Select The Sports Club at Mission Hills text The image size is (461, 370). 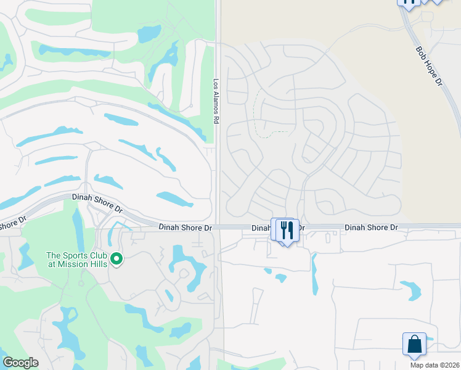coord(77,260)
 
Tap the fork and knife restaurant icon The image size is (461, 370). coord(287,230)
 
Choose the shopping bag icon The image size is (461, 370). coord(414,345)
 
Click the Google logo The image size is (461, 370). coord(20,363)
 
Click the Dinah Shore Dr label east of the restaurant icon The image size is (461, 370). coord(372,228)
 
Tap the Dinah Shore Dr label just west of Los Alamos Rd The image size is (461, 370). coord(185,228)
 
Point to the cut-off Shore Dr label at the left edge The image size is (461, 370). coord(12,223)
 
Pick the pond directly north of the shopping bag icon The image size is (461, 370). coord(410,290)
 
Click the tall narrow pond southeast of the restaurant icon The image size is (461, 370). coord(315,274)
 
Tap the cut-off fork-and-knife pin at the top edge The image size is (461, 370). coord(408,3)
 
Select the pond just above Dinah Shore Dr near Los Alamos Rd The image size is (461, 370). coord(174,199)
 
